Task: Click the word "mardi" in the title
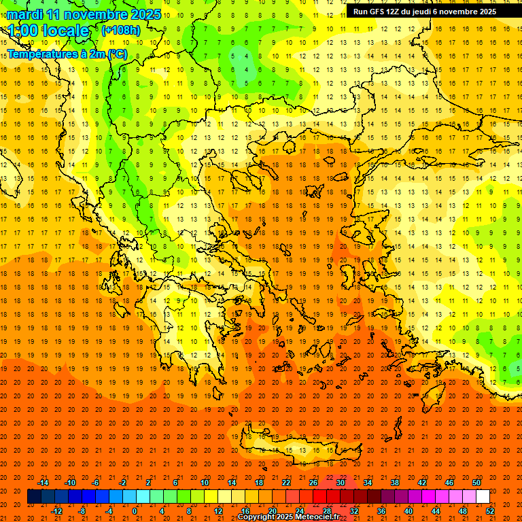[x=22, y=14]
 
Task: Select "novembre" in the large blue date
[x=90, y=14]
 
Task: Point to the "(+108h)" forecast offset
[x=121, y=31]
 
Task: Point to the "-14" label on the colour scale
[x=43, y=483]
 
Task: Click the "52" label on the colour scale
[x=490, y=511]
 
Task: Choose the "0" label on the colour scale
[x=135, y=511]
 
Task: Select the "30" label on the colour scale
[x=340, y=483]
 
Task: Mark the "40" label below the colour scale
[x=408, y=511]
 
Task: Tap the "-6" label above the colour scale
[x=95, y=483]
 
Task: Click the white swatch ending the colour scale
[x=483, y=497]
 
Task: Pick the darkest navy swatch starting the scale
[x=34, y=497]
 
